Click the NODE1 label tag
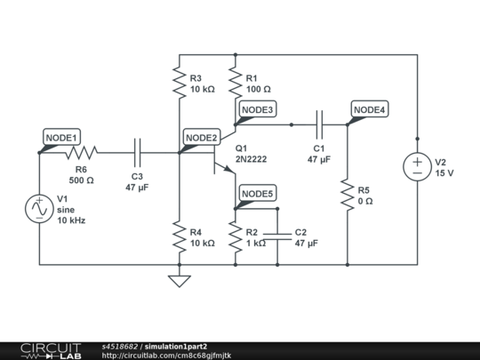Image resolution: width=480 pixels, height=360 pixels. click(62, 137)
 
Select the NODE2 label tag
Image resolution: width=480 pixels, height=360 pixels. click(201, 137)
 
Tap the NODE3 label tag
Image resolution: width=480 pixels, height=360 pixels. click(259, 109)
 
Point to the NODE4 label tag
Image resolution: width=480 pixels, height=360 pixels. click(369, 109)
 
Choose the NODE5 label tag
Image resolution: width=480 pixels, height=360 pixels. click(259, 194)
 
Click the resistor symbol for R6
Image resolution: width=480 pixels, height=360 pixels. click(81, 152)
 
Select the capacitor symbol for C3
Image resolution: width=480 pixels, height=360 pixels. click(137, 152)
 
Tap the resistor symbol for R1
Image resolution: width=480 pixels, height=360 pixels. click(236, 83)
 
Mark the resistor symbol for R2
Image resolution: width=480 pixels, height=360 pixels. click(236, 236)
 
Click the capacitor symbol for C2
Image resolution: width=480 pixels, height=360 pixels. click(277, 236)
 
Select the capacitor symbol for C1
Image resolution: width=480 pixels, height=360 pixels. click(320, 124)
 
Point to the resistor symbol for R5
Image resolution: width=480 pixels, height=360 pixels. click(348, 195)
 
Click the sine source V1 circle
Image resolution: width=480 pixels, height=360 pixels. click(40, 208)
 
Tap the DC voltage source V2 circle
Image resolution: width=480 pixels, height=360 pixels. click(416, 166)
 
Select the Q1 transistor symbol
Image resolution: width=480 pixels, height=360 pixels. click(220, 153)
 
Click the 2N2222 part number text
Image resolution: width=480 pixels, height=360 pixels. click(252, 159)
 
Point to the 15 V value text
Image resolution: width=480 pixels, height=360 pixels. click(444, 173)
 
